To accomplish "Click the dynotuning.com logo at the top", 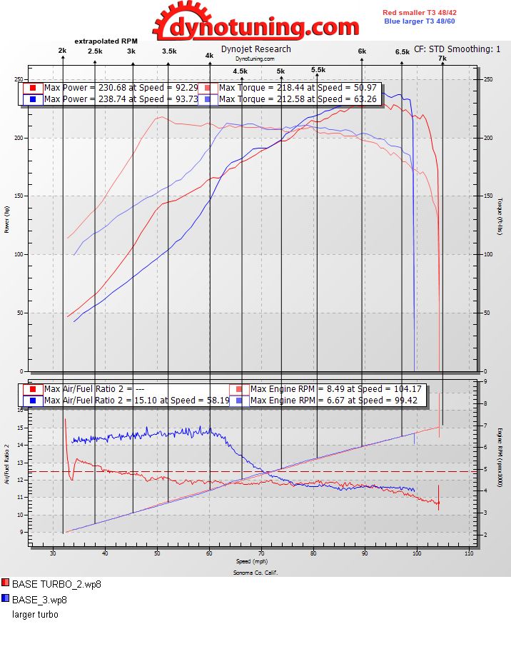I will pyautogui.click(x=255, y=23).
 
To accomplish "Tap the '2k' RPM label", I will pyautogui.click(x=63, y=51).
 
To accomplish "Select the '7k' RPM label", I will pyautogui.click(x=442, y=59).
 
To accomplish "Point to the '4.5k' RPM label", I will pyautogui.click(x=240, y=71).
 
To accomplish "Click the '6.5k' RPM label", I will pyautogui.click(x=402, y=52).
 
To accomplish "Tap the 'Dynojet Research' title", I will pyautogui.click(x=255, y=49).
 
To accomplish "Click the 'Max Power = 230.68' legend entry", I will pyautogui.click(x=114, y=88).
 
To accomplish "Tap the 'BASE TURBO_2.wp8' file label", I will pyautogui.click(x=56, y=584).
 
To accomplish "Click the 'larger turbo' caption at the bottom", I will pyautogui.click(x=35, y=614).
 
